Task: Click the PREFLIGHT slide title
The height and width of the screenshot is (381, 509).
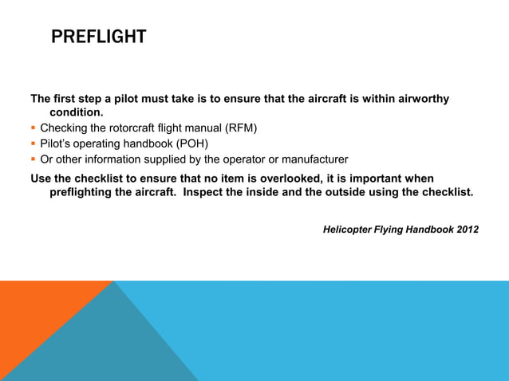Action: tap(98, 37)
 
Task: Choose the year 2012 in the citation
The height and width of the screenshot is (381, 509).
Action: tap(464, 230)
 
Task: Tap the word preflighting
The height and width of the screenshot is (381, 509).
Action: tap(87, 192)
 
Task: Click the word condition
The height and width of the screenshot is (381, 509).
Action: tap(77, 113)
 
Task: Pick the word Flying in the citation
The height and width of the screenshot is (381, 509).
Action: tap(390, 230)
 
